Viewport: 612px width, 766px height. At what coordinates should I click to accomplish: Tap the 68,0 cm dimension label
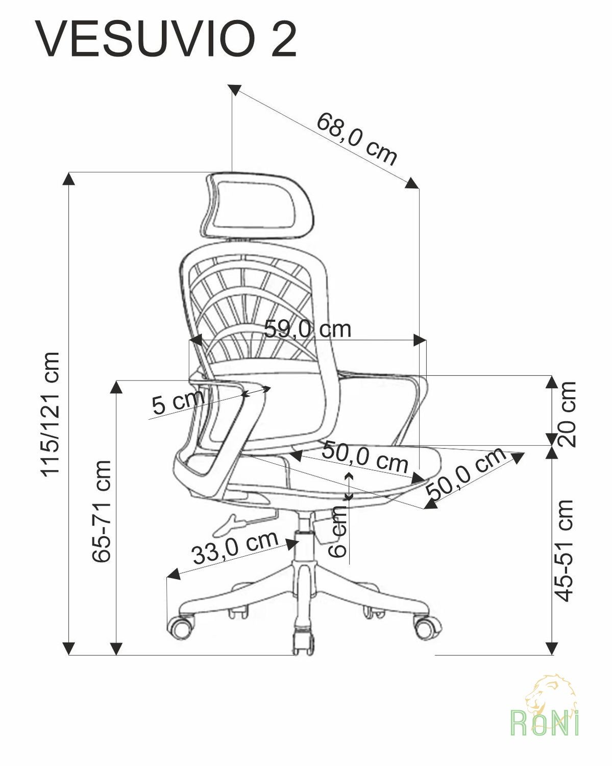tap(356, 139)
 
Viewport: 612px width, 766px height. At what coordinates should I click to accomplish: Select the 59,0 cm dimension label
tap(307, 329)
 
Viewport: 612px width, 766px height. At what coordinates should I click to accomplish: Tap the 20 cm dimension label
tap(567, 414)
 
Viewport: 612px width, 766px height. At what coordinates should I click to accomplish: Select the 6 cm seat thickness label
tap(337, 532)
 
